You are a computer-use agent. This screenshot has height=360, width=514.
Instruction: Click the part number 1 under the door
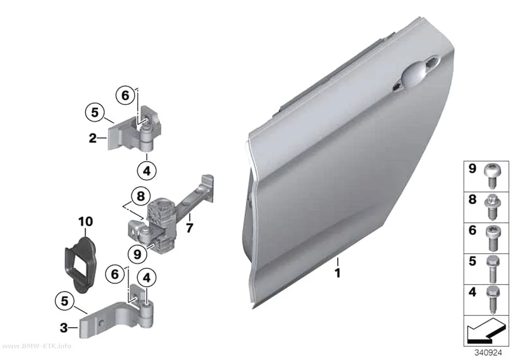tap(337, 273)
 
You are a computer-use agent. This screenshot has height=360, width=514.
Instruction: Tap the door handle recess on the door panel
tap(418, 73)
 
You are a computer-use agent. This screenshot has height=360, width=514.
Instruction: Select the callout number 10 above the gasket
tap(85, 222)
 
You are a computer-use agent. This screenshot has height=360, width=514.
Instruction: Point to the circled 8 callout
tap(140, 196)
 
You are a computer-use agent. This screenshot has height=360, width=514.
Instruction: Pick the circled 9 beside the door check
tap(138, 254)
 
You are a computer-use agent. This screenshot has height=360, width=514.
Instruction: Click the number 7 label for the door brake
tap(189, 228)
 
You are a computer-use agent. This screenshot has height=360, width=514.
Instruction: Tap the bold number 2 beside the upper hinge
tap(93, 138)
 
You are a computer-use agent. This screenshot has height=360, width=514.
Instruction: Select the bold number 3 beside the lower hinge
tap(64, 327)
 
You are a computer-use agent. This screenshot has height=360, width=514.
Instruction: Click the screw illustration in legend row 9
tap(491, 175)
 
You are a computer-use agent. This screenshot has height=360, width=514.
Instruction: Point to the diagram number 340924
tap(488, 353)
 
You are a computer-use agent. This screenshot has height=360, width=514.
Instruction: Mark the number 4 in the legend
tap(472, 292)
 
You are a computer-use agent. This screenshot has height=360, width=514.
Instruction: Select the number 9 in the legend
tap(472, 168)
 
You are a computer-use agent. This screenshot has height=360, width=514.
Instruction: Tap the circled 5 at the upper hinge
tap(94, 112)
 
